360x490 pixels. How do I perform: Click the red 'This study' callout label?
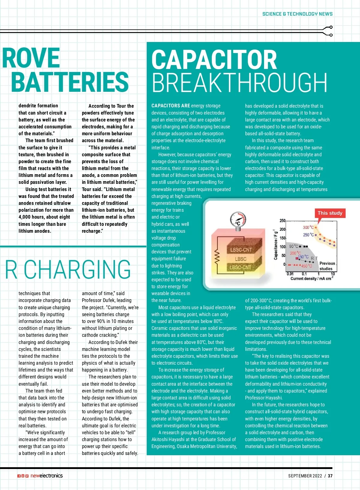(330, 213)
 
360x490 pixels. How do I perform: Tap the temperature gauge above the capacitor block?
(238, 220)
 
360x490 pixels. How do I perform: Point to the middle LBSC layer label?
(241, 259)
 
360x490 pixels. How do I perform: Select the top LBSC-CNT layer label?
(241, 250)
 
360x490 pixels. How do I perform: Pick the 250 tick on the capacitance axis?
(283, 221)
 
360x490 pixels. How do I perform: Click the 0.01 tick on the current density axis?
(290, 274)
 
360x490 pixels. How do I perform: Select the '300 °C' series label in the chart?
(308, 228)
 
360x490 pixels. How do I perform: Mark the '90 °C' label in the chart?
(294, 246)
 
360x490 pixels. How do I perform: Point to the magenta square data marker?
(297, 258)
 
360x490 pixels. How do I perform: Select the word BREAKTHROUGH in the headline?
(239, 82)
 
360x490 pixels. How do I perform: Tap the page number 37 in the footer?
(330, 476)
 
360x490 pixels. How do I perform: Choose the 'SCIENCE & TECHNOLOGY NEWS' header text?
(297, 14)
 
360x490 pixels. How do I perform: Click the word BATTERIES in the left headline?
(70, 82)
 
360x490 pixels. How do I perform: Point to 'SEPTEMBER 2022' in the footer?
(305, 476)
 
